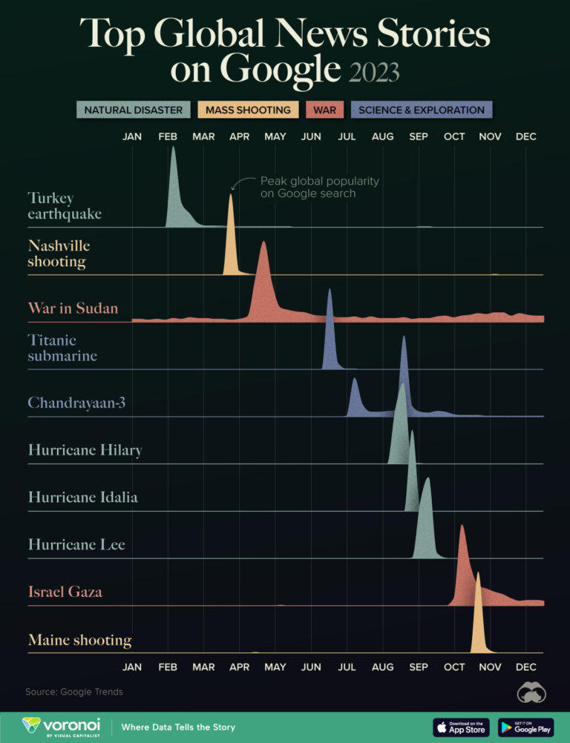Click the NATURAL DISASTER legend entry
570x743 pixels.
click(x=134, y=110)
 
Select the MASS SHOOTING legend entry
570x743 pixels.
click(x=248, y=110)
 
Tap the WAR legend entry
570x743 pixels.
click(x=324, y=110)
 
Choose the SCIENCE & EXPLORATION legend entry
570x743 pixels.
click(x=421, y=110)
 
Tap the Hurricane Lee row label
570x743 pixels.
click(x=76, y=544)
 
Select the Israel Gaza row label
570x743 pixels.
click(x=65, y=592)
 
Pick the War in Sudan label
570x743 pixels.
click(x=73, y=308)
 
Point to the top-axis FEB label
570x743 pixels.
click(x=168, y=136)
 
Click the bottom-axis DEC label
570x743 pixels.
click(x=525, y=667)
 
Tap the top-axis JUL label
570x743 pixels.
click(x=347, y=136)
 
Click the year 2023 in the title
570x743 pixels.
click(x=373, y=71)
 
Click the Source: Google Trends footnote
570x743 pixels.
click(x=74, y=692)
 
